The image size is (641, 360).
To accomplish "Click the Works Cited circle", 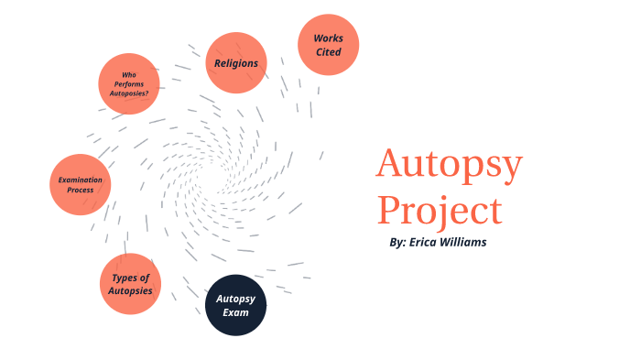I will coord(328,45).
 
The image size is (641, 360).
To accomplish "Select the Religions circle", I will coord(236,63).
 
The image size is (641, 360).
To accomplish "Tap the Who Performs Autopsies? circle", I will coord(129,83).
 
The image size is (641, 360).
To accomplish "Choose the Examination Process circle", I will coord(81,184).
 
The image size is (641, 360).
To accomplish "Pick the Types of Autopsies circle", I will coord(130,283).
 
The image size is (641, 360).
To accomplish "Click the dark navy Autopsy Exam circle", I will coord(235,305).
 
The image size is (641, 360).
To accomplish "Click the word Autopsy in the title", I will coord(449,166).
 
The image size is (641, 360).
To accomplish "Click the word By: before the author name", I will coord(397,243).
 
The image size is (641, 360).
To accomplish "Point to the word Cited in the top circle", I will coord(328,52).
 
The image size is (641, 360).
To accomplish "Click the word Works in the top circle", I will coord(328,38).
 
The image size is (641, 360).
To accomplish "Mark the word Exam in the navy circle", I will coord(235,312).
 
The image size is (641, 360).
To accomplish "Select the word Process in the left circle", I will coord(81,191).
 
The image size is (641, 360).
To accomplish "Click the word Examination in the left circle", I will coord(81,180).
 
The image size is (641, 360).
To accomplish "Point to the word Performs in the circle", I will coord(129,84).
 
